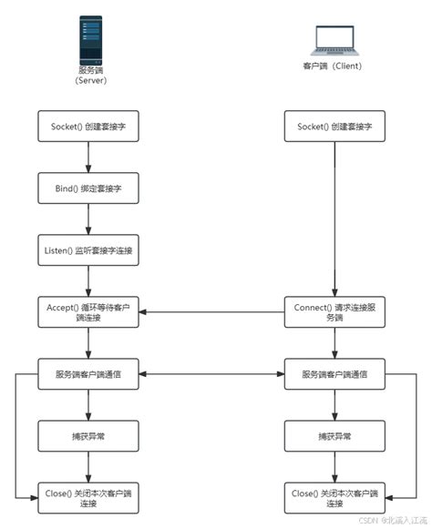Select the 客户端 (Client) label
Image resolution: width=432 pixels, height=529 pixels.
tap(334, 67)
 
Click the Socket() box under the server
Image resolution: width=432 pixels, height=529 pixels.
tap(88, 127)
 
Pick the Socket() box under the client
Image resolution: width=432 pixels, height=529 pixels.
tap(334, 127)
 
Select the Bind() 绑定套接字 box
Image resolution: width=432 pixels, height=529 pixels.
tap(88, 188)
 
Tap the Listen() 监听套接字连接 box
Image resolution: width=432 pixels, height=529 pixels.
tap(88, 249)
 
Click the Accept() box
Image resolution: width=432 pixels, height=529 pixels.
tap(88, 311)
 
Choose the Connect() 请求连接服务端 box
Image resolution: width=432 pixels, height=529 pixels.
tap(334, 311)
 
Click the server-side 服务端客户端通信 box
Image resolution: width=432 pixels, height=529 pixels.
tap(88, 373)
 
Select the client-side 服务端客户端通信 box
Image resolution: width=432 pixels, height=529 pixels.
tap(334, 373)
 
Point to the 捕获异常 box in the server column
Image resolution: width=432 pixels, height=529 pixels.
tap(88, 435)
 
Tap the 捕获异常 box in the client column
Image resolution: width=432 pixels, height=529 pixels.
tap(334, 435)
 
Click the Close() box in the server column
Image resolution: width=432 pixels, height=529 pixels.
tap(88, 497)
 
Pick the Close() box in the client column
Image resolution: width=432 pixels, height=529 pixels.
tap(334, 497)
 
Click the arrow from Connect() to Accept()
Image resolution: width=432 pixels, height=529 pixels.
tap(211, 311)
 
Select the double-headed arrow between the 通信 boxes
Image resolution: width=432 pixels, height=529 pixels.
tap(211, 373)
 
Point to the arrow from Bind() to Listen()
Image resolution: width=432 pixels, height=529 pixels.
tap(88, 219)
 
